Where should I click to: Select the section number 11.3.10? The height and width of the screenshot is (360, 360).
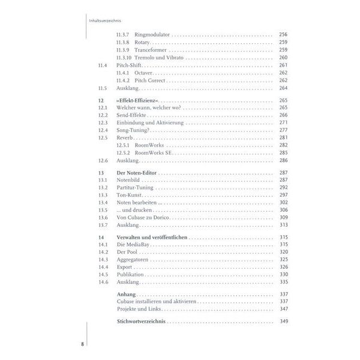pyautogui.click(x=124, y=58)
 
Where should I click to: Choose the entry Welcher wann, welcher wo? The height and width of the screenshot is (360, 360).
pyautogui.click(x=142, y=107)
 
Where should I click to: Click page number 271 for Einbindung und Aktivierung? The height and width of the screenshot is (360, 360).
pyautogui.click(x=284, y=122)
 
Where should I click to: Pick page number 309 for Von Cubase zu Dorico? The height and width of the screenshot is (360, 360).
pyautogui.click(x=284, y=217)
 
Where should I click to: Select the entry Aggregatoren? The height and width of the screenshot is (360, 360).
pyautogui.click(x=134, y=260)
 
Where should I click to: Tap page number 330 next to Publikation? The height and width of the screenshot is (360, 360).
pyautogui.click(x=284, y=275)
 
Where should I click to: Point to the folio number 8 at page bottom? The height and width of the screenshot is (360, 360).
pyautogui.click(x=83, y=344)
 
